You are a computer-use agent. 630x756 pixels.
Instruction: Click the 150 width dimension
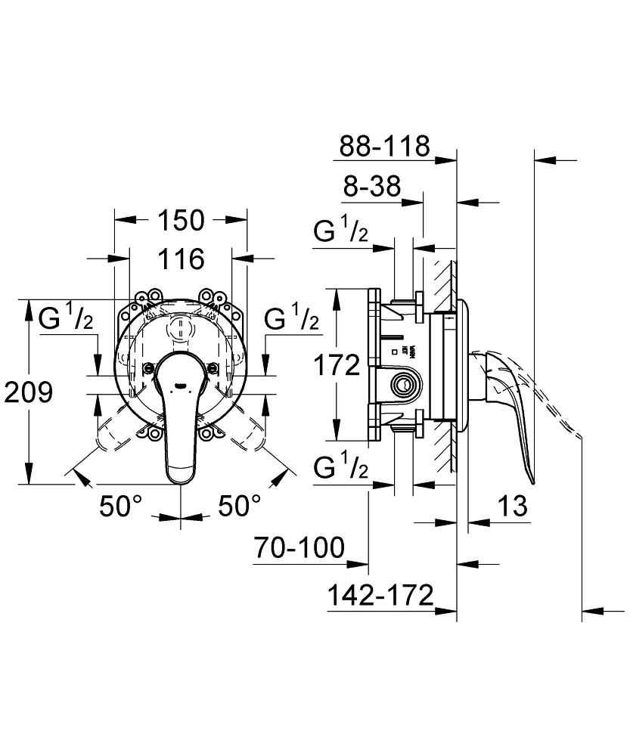(182, 220)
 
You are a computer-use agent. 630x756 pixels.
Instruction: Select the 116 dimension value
(182, 259)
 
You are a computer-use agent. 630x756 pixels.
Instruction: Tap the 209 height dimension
(28, 392)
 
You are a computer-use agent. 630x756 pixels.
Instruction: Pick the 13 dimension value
(512, 506)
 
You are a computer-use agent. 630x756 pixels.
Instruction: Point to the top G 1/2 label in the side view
(341, 232)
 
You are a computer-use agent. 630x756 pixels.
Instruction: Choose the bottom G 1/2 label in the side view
(341, 469)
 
